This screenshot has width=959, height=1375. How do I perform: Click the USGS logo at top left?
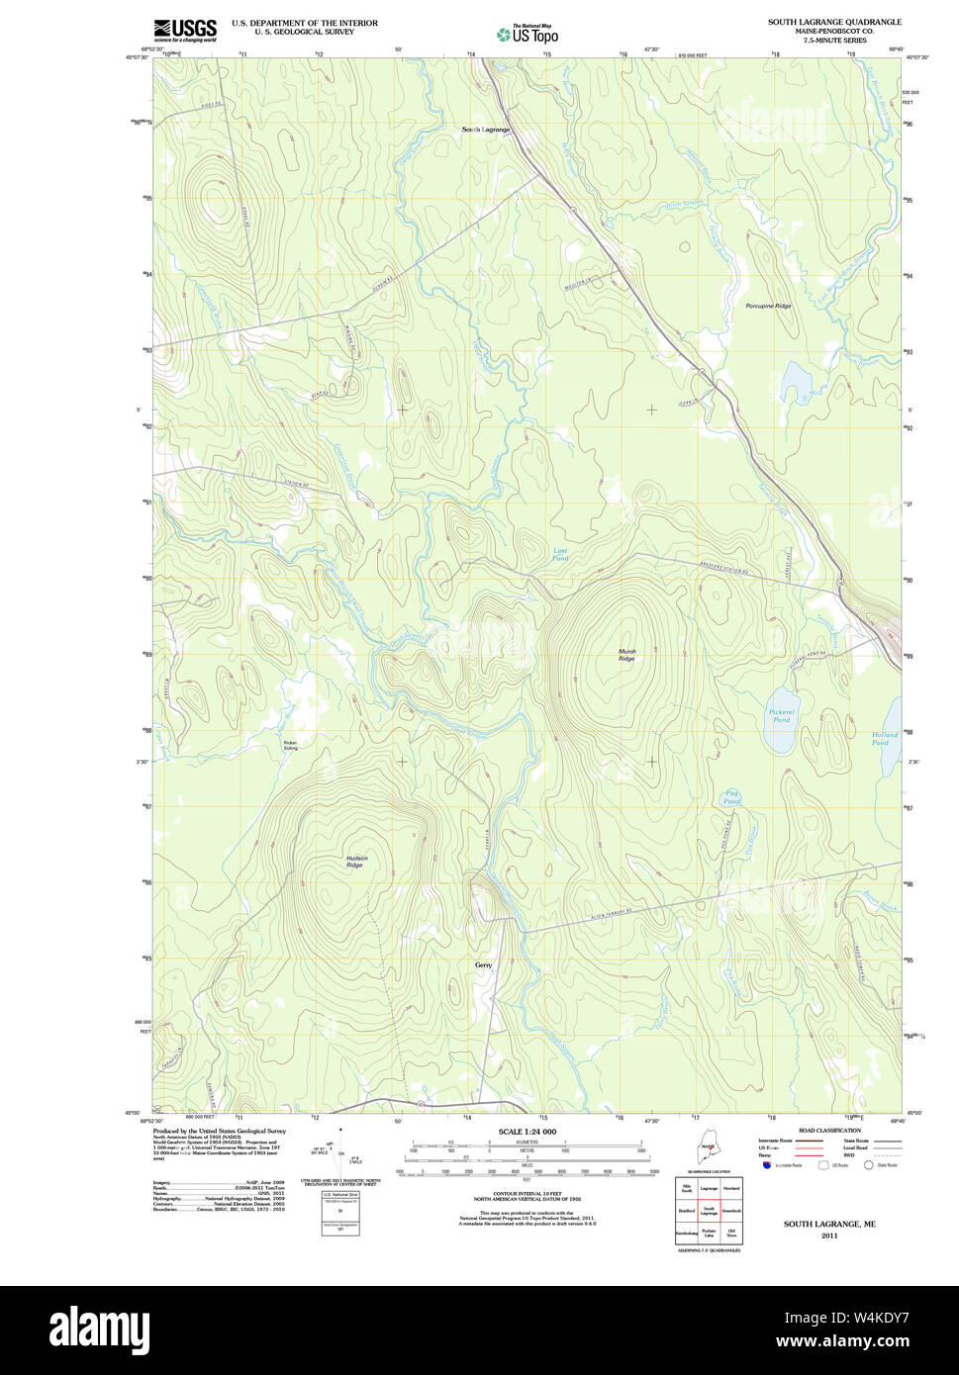click(x=184, y=29)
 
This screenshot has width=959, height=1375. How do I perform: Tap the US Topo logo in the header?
click(x=527, y=33)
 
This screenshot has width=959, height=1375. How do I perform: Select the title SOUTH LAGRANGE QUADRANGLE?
click(x=834, y=22)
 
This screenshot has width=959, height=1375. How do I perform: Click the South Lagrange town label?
click(x=486, y=130)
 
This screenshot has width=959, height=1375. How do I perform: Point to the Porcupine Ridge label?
click(x=768, y=307)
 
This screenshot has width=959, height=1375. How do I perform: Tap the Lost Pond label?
click(x=560, y=554)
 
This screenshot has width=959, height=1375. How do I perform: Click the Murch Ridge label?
click(x=626, y=655)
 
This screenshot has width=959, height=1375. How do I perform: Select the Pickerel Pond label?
click(x=782, y=715)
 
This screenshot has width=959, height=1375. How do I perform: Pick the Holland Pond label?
click(x=885, y=738)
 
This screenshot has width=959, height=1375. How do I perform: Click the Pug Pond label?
click(x=731, y=796)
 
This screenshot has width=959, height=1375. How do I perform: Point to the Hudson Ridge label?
click(x=356, y=862)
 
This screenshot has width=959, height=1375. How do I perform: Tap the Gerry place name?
click(x=483, y=964)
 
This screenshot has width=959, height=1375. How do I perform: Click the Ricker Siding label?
click(x=290, y=745)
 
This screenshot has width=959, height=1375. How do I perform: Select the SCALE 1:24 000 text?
click(x=527, y=1132)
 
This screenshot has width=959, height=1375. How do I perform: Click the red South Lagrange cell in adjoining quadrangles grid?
click(x=709, y=1210)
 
